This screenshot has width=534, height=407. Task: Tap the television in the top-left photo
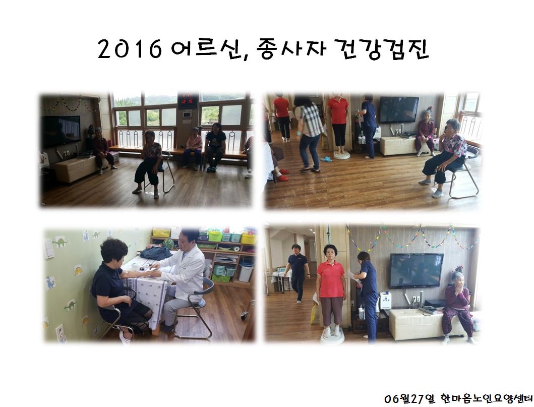61,131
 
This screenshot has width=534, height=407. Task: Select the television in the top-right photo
398,109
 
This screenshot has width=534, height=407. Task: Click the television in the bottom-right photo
416,270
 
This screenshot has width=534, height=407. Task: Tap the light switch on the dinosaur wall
49,249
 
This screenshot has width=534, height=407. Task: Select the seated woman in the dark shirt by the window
215,146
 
